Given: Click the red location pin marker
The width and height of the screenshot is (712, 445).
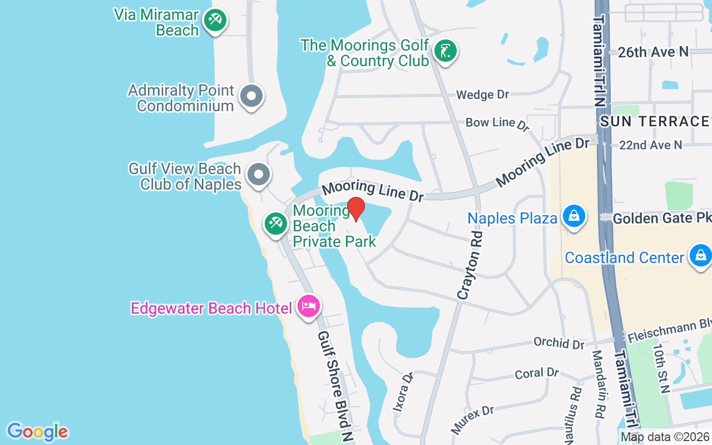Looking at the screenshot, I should (x=356, y=209).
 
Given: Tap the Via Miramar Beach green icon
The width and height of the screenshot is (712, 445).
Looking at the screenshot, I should (x=214, y=21).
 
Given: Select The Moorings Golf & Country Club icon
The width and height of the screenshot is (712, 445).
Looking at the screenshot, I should (x=445, y=52).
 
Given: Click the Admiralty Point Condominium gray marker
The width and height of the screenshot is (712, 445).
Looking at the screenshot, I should (x=251, y=97).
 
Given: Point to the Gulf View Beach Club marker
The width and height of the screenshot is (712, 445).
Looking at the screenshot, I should (x=258, y=175).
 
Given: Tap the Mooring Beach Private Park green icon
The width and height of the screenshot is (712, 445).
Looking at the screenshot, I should (x=275, y=224).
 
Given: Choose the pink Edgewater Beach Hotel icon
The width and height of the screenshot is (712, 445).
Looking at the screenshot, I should (x=308, y=306).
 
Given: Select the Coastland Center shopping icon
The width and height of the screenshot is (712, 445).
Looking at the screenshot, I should (x=700, y=256).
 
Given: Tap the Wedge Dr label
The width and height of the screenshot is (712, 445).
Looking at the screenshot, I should (x=482, y=95).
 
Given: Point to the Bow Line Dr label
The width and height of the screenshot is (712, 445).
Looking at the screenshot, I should (x=497, y=123).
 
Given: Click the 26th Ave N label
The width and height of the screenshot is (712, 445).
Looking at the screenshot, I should (x=653, y=52).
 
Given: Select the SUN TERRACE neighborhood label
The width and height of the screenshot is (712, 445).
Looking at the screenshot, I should (x=655, y=121).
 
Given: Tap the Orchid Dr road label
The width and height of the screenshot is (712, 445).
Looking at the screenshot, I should (x=558, y=343).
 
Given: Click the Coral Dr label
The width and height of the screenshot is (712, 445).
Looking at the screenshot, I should (x=537, y=373).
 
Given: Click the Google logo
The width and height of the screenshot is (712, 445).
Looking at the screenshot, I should (x=37, y=431).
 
